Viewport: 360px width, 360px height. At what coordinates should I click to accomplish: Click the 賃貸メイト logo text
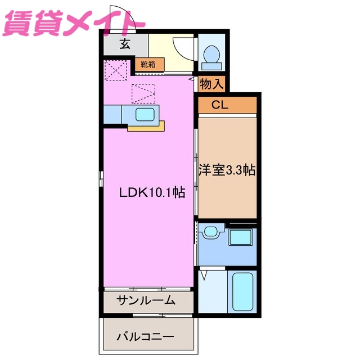click(x=74, y=24)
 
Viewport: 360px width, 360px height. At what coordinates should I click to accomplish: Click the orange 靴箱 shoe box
click(x=149, y=65)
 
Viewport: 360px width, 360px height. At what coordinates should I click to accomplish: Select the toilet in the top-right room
click(x=212, y=55)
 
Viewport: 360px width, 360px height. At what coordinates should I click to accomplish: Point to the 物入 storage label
click(x=212, y=84)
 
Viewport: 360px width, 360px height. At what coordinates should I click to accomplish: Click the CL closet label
click(x=219, y=105)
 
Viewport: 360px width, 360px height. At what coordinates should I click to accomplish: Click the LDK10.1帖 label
click(x=152, y=192)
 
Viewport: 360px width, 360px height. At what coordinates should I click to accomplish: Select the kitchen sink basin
click(x=145, y=115)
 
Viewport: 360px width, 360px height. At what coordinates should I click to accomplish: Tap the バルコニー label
click(x=146, y=337)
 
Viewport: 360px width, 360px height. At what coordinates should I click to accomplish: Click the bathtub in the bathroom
click(x=243, y=292)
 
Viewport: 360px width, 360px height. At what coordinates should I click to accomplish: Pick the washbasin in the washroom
click(x=211, y=231)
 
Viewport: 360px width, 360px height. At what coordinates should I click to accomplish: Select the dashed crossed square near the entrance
click(x=116, y=71)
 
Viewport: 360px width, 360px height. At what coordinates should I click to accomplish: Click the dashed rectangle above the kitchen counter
click(x=143, y=93)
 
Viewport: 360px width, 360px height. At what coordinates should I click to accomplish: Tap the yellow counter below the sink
click(x=145, y=128)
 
